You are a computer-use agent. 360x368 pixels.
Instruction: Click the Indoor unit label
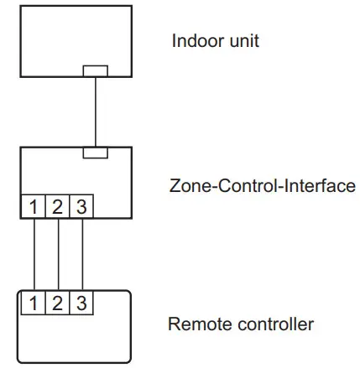pos(215,40)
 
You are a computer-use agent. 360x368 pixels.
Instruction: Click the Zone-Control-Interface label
pos(262,185)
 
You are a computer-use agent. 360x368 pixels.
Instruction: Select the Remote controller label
pos(241,324)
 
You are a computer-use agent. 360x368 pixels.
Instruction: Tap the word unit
pos(243,40)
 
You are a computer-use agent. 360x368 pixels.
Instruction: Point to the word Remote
pos(195,324)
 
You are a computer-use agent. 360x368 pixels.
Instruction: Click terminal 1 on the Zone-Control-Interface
pos(33,206)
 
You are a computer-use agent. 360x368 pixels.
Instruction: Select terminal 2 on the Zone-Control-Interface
pos(57,206)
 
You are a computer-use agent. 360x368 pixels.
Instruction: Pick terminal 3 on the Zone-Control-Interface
pos(81,206)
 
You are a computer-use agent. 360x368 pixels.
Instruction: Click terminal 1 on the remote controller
pos(33,303)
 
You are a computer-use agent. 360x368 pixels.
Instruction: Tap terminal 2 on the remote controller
pos(57,303)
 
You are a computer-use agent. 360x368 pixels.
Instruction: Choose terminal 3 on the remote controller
pos(81,303)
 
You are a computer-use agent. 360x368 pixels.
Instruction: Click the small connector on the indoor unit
pos(95,71)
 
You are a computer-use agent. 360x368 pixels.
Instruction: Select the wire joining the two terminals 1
pos(33,253)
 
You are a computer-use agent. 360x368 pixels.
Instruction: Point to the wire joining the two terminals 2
pos(58,253)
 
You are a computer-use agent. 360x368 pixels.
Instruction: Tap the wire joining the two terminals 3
pos(82,253)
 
